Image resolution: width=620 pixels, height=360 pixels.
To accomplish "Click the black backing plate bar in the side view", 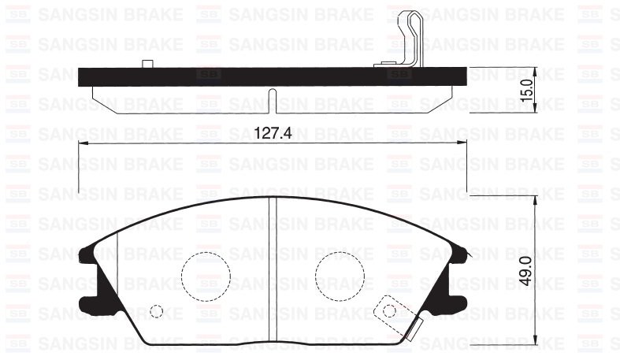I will [x=236, y=76].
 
